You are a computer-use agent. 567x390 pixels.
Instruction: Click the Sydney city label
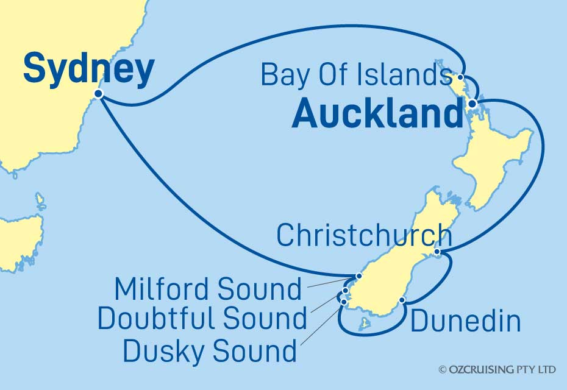click(x=88, y=69)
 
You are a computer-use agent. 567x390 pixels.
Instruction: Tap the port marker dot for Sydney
click(x=98, y=94)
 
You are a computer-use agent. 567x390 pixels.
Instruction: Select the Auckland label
click(x=377, y=114)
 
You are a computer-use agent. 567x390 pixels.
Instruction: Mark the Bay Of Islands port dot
click(x=460, y=77)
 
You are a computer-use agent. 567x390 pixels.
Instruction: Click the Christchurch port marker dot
click(x=438, y=252)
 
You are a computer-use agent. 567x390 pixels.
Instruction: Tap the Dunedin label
click(x=465, y=322)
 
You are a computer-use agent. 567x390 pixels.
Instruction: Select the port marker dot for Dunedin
click(x=401, y=300)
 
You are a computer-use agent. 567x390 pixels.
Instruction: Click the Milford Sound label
click(x=208, y=289)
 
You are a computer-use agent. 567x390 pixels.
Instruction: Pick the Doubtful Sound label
click(x=202, y=318)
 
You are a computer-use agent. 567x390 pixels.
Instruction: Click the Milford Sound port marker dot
click(x=359, y=276)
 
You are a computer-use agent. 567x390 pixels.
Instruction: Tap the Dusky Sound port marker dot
click(x=344, y=302)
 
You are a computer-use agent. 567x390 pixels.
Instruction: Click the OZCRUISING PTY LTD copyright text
click(x=497, y=370)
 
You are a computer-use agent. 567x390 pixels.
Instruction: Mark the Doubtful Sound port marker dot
click(x=346, y=291)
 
